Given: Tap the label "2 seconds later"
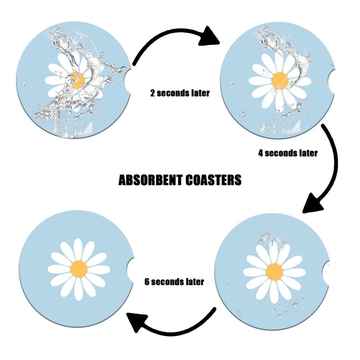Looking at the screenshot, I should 180,94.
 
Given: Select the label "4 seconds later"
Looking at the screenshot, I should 288,153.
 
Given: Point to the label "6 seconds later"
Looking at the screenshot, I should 174,282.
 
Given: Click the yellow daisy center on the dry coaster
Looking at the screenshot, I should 79,269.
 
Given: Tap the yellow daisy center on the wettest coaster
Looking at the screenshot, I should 78,80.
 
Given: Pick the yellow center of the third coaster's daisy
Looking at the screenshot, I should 274,272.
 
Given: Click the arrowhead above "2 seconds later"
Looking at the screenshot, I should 211,36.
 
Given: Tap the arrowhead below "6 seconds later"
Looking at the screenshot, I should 137,323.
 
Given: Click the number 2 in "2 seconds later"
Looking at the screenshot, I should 153,94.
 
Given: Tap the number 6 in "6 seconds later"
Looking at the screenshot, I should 147,282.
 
